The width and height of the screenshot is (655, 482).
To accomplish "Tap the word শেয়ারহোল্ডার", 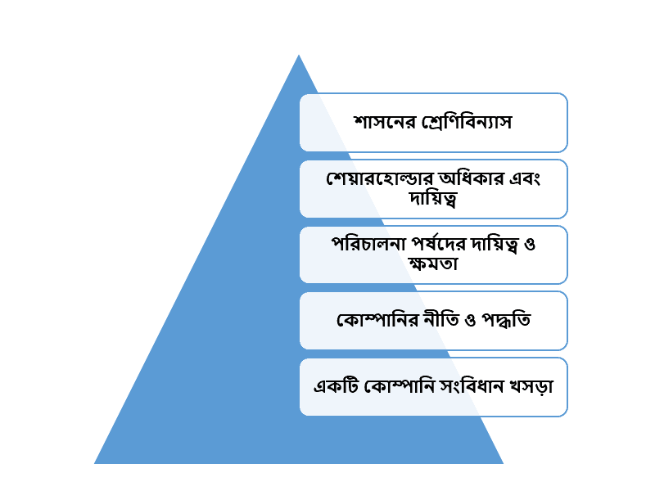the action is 381,178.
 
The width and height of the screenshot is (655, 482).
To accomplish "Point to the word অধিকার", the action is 472,178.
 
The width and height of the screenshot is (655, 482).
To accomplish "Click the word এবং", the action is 525,178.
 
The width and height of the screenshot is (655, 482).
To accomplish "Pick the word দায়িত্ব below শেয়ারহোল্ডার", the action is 433,198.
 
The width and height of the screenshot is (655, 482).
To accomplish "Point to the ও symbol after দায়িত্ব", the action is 529,244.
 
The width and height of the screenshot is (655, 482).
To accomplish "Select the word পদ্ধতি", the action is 506,320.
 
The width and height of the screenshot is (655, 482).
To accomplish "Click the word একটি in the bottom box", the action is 336,386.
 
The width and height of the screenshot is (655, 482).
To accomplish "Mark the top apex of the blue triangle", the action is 299,55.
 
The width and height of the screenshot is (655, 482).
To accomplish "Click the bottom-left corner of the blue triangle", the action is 94,463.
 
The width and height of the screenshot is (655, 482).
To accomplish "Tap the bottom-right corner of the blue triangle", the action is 504,463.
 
